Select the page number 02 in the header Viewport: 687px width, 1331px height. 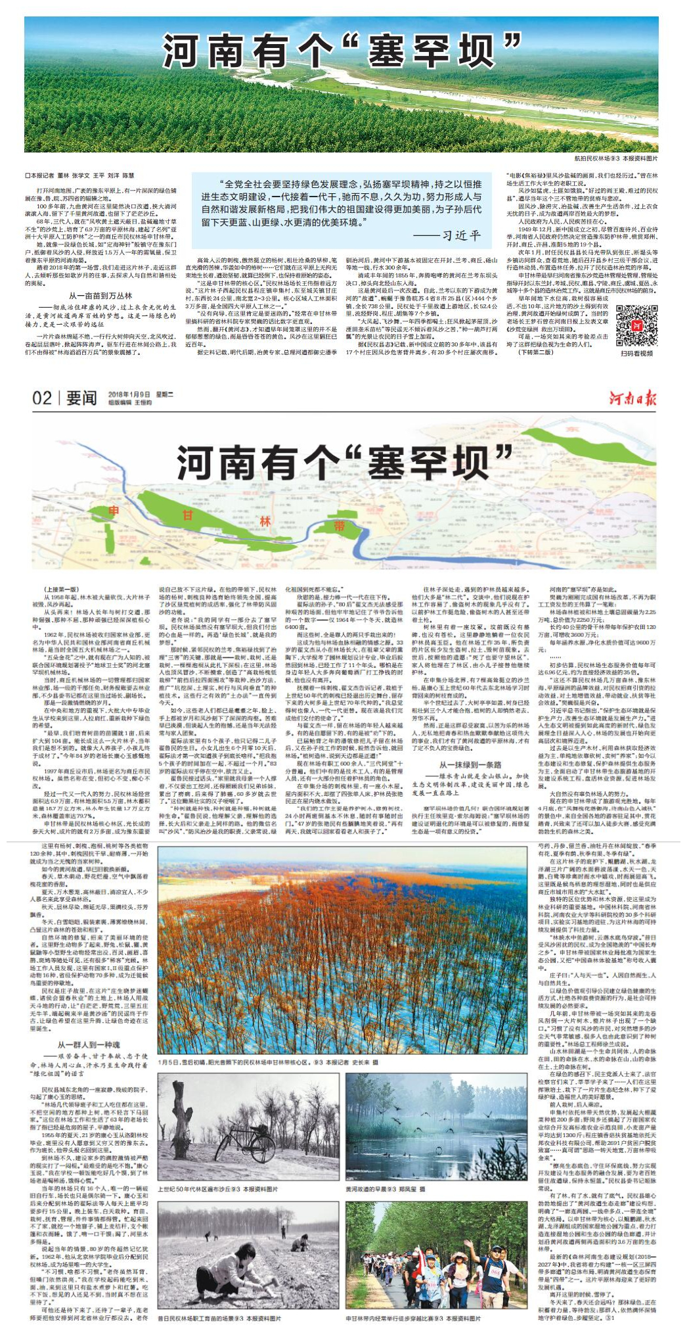pyautogui.click(x=42, y=399)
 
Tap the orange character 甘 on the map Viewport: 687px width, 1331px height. pyautogui.click(x=188, y=515)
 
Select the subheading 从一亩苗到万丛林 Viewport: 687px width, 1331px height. pyautogui.click(x=100, y=296)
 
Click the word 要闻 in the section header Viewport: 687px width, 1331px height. pyautogui.click(x=81, y=399)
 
